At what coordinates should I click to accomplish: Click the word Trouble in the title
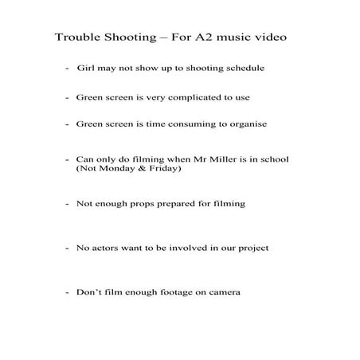tap(76, 37)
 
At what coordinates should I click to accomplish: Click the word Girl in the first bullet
tap(85, 68)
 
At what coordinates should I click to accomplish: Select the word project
tap(252, 248)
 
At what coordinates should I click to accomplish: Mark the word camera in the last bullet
tap(223, 292)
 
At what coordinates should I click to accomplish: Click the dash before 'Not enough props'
tap(67, 204)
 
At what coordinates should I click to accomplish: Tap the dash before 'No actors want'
tap(67, 248)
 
